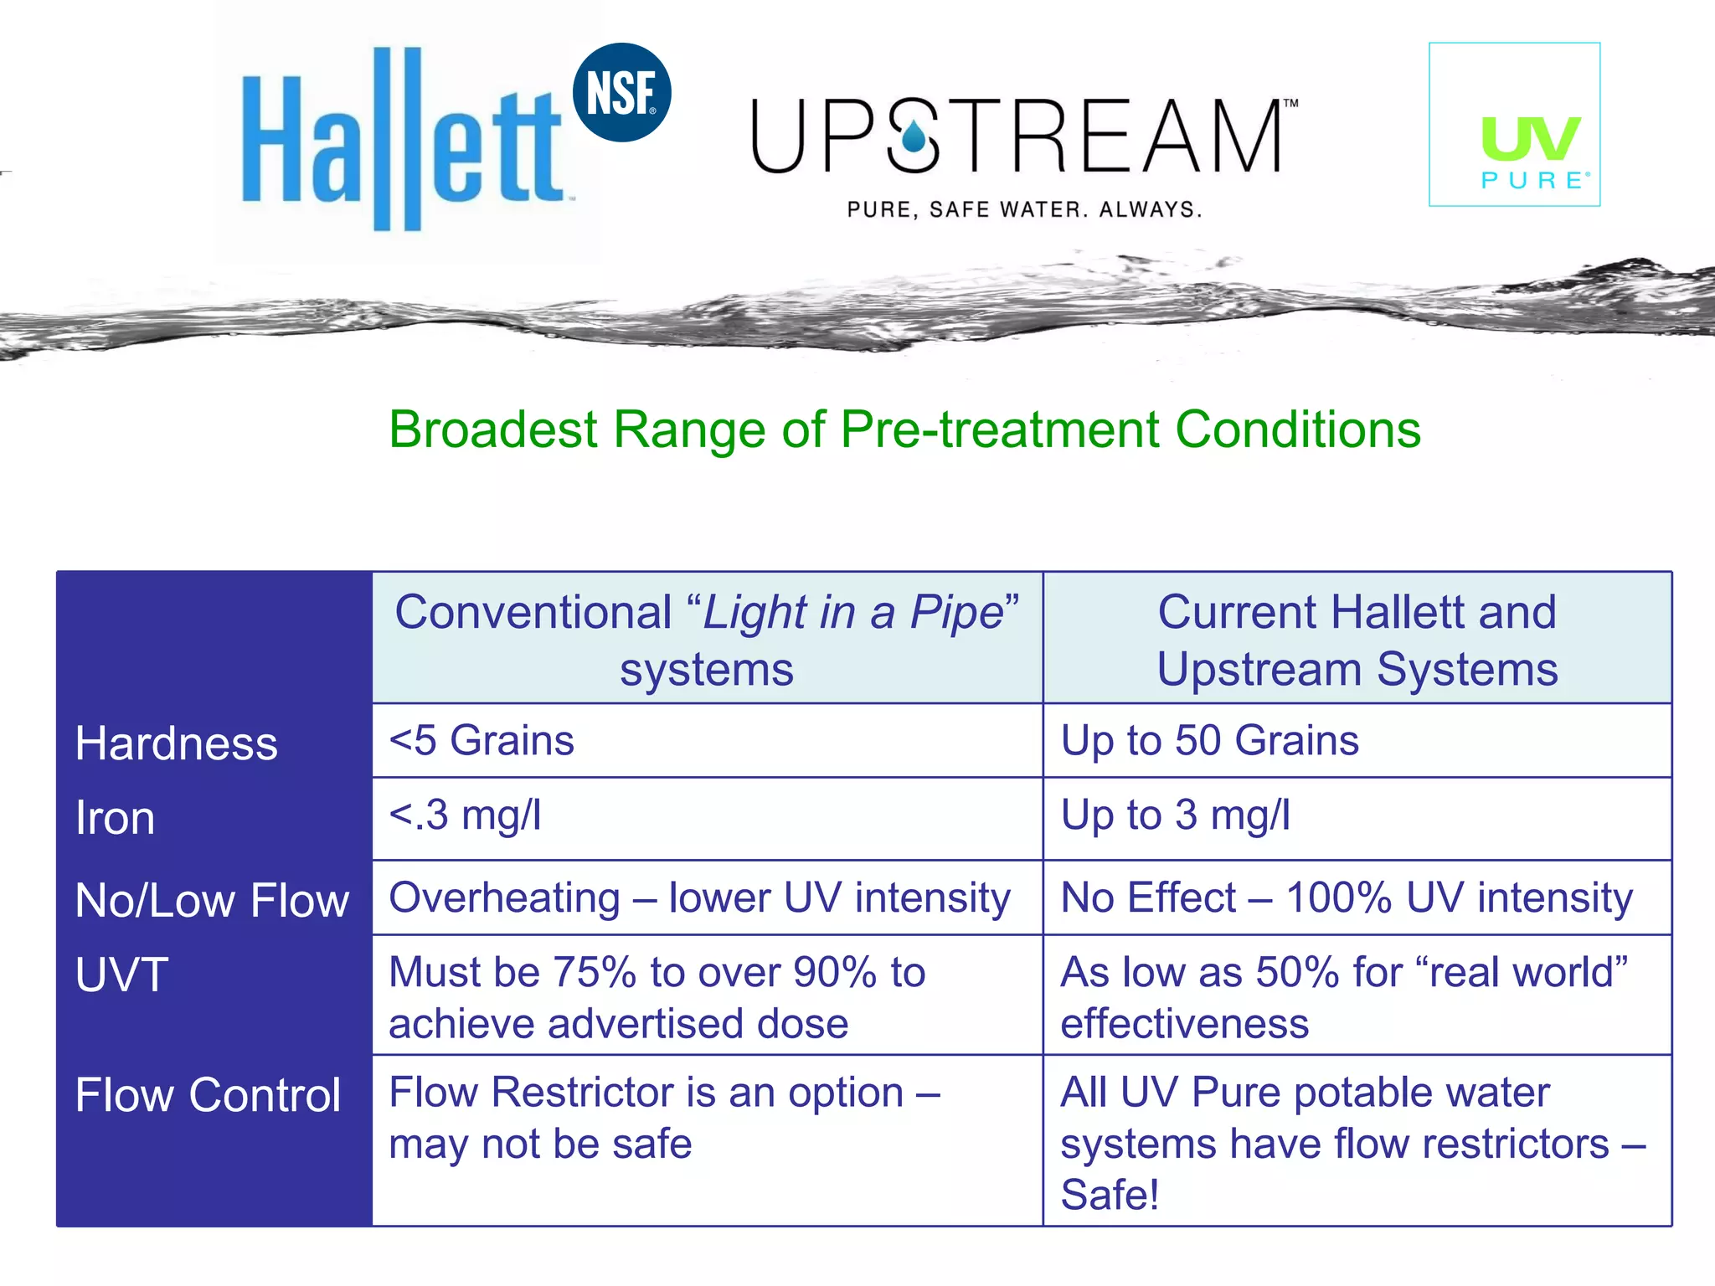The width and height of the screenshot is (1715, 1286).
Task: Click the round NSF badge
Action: (621, 92)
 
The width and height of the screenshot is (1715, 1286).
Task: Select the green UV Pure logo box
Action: (1514, 125)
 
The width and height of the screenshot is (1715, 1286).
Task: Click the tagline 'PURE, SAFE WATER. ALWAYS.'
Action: (1024, 209)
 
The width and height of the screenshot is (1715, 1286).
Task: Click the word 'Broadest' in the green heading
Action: (493, 430)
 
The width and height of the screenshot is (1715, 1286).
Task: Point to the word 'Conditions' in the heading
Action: (1297, 430)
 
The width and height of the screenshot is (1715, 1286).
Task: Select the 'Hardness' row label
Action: (176, 743)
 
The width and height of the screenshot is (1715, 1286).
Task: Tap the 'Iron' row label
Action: (116, 818)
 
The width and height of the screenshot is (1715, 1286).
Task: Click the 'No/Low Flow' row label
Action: (212, 901)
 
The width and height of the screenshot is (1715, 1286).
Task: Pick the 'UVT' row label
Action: (122, 975)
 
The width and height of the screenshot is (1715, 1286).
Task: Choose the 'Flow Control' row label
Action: (208, 1095)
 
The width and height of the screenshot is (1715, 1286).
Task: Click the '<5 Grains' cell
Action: (482, 741)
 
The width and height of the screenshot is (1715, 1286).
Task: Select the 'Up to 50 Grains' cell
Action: (1209, 741)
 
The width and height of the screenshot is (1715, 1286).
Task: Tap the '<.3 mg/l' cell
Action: (466, 815)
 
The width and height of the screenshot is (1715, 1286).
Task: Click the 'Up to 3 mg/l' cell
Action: (1175, 815)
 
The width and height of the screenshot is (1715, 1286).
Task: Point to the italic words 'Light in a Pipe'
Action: (852, 613)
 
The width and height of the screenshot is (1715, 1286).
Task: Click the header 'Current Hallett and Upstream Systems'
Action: (1357, 640)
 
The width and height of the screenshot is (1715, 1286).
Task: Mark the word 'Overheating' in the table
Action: (504, 898)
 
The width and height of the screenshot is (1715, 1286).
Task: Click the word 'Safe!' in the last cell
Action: (1110, 1195)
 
